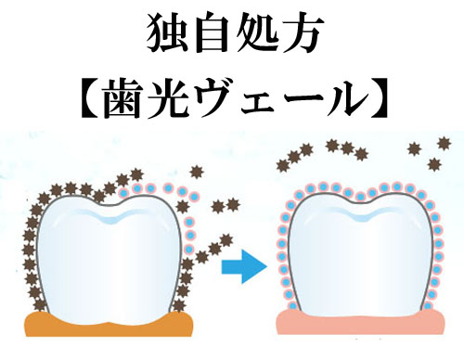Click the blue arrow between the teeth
pyautogui.click(x=244, y=266)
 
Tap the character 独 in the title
pyautogui.click(x=167, y=32)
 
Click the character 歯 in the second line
pyautogui.click(x=125, y=97)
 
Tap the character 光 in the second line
pyautogui.click(x=169, y=97)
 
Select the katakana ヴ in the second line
pyautogui.click(x=214, y=97)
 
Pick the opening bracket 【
pyautogui.click(x=90, y=97)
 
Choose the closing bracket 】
pyautogui.click(x=380, y=97)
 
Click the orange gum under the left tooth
pyautogui.click(x=109, y=327)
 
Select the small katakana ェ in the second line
pyautogui.click(x=256, y=103)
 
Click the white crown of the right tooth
pyautogui.click(x=360, y=257)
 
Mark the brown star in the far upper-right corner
pyautogui.click(x=445, y=143)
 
